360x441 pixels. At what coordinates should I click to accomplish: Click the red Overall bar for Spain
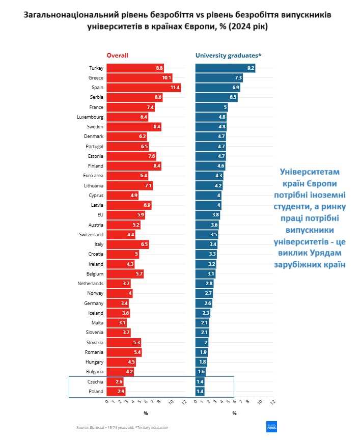coord(144,88)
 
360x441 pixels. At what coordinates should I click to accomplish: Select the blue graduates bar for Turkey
coord(225,68)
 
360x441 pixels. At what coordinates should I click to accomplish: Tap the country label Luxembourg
coord(90,117)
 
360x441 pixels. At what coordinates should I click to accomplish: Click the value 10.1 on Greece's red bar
coord(167,78)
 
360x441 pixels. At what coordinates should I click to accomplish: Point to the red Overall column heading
coord(117,55)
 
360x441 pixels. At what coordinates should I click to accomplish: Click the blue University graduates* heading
coord(228,55)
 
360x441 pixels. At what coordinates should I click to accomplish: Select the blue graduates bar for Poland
coord(200,392)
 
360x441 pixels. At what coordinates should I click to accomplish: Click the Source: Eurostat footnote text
coord(122,427)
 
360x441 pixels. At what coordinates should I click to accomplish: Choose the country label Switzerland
coord(92,235)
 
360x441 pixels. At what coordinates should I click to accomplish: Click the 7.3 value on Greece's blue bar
coord(238,78)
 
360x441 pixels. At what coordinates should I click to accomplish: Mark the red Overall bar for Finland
coord(134,166)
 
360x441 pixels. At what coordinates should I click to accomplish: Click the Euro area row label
coord(94,176)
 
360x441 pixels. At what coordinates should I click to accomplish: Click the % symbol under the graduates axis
coord(234,413)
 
